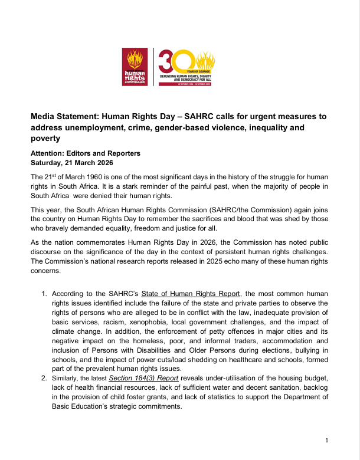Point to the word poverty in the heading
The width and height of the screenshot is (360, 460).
click(45, 139)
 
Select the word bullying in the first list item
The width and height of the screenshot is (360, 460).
click(318, 350)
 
